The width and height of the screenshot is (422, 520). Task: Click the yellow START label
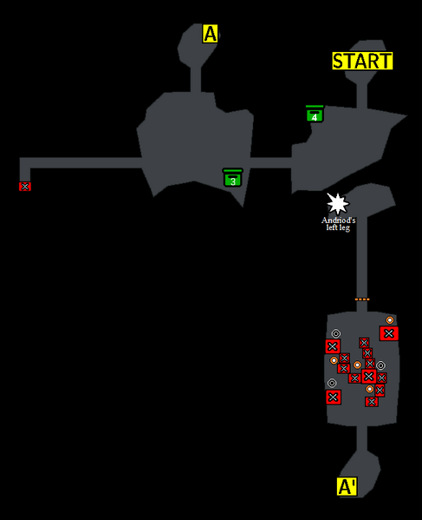tap(362, 61)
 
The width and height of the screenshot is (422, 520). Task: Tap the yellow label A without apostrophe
tap(210, 34)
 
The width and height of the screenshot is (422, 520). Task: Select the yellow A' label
tap(347, 486)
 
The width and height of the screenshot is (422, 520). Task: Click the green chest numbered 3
tap(233, 177)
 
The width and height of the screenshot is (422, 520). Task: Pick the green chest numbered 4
tap(315, 114)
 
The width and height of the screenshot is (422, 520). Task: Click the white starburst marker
tap(337, 204)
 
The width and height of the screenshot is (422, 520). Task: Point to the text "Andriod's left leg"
tap(338, 224)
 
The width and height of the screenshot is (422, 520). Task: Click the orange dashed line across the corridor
tap(362, 299)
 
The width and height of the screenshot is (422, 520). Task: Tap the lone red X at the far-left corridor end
tap(25, 187)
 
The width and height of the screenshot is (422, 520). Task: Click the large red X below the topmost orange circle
tap(389, 333)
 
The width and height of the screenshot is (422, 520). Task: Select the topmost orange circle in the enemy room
tap(390, 320)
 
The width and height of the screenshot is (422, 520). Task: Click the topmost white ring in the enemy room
tap(335, 333)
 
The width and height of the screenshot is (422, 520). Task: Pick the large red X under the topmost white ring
tap(333, 346)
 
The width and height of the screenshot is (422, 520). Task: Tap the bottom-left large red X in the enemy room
tap(334, 397)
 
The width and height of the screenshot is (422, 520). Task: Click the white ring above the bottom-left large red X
tap(332, 383)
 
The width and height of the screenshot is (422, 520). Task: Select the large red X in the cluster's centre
tap(369, 376)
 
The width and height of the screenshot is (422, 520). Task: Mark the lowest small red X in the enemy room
tap(372, 402)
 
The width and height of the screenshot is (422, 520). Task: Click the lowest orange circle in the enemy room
tap(370, 389)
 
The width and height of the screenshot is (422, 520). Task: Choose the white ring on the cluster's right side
tap(380, 365)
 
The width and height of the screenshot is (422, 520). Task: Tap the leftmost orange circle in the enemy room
tap(334, 359)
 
